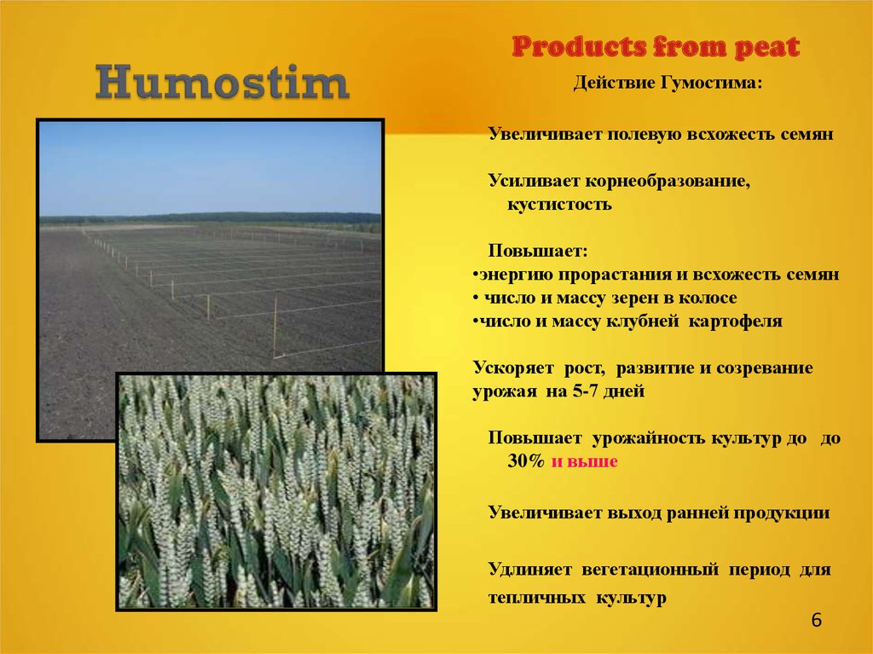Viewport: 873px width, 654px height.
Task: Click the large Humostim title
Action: pyautogui.click(x=223, y=83)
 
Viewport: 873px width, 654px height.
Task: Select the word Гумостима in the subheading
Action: pyautogui.click(x=711, y=83)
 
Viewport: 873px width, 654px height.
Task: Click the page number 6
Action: pyautogui.click(x=816, y=620)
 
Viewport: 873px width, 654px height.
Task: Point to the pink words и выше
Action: pyautogui.click(x=585, y=461)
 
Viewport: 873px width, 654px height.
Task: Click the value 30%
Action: pyautogui.click(x=525, y=460)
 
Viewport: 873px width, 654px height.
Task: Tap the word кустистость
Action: pyautogui.click(x=559, y=205)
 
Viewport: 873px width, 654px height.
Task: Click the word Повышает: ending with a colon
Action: pyautogui.click(x=538, y=251)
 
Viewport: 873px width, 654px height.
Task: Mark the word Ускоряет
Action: pyautogui.click(x=513, y=368)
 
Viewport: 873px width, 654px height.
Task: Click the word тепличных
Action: pyautogui.click(x=537, y=598)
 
